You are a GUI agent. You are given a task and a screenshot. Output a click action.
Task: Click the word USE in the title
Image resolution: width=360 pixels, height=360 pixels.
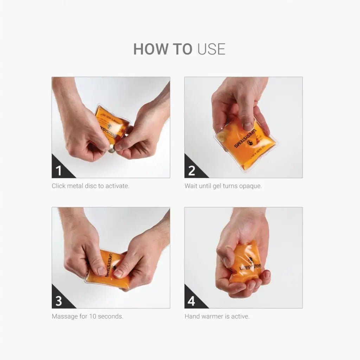[x=211, y=49]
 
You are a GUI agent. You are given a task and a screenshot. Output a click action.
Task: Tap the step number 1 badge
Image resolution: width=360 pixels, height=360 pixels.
[x=59, y=171]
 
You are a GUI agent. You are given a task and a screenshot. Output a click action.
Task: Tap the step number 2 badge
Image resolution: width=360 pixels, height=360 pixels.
[x=192, y=171]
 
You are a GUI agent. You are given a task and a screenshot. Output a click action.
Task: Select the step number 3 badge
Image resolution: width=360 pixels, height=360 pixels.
[x=59, y=301]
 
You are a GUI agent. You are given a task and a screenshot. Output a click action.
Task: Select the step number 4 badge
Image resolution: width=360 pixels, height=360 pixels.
[x=192, y=301]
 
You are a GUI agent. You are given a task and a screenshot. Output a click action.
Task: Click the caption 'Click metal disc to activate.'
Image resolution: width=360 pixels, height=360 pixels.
[x=90, y=186]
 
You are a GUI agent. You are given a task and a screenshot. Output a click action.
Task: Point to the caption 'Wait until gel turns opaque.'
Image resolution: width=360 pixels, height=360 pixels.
[x=223, y=186]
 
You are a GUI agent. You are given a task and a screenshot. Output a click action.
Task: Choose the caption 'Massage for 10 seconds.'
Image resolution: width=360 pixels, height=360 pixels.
[x=87, y=316]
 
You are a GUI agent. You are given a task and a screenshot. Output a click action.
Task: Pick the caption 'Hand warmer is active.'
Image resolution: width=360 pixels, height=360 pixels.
[x=217, y=316]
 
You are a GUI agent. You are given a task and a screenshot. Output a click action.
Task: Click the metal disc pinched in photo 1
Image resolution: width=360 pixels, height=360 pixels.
[x=111, y=149]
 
